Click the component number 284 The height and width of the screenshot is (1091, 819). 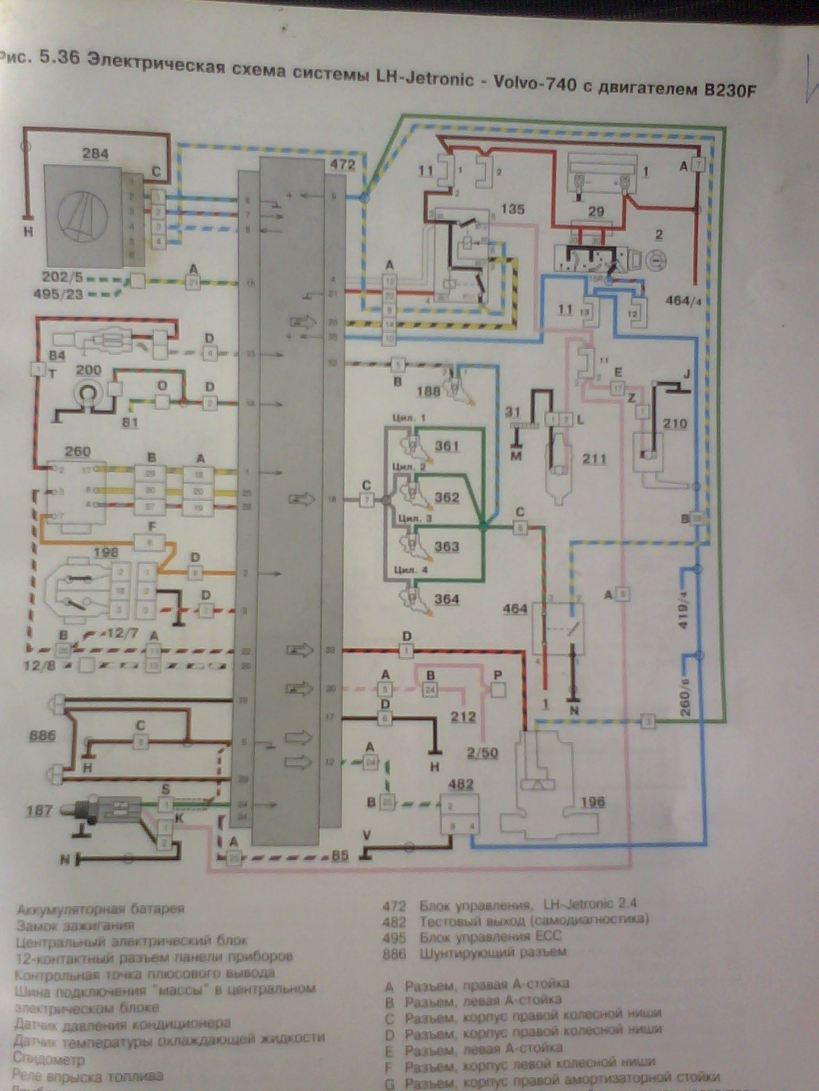(95, 153)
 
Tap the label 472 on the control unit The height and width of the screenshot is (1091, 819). (342, 165)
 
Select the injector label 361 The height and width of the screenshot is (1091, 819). (447, 446)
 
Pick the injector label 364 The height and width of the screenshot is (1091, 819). (447, 599)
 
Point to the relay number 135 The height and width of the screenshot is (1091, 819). (512, 209)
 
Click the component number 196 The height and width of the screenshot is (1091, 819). (593, 802)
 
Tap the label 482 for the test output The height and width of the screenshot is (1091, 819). (461, 784)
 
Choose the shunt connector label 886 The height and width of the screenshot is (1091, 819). (43, 736)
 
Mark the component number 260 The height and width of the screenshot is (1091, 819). (77, 452)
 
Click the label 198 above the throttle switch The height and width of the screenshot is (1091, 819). (106, 552)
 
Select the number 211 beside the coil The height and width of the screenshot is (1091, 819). (594, 459)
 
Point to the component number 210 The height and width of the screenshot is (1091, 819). (675, 423)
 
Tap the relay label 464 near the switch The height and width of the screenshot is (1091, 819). (515, 609)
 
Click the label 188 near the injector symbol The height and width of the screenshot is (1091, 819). (428, 391)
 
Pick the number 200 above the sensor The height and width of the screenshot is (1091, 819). (89, 370)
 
